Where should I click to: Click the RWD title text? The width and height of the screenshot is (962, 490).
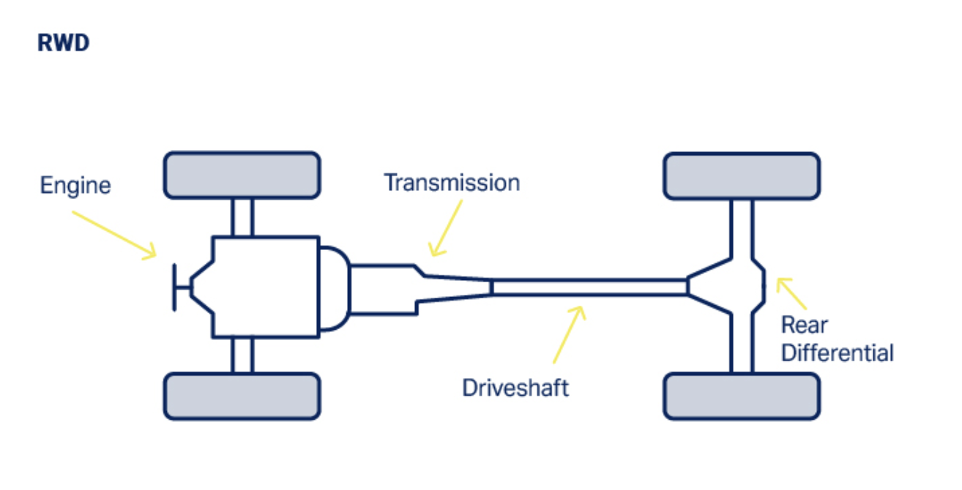pyautogui.click(x=63, y=43)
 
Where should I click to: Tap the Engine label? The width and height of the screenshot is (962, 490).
pyautogui.click(x=75, y=185)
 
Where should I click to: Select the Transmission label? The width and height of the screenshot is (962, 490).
pyautogui.click(x=452, y=182)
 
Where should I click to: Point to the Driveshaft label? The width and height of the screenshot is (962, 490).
pyautogui.click(x=515, y=387)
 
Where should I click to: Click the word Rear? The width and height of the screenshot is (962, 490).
pyautogui.click(x=804, y=324)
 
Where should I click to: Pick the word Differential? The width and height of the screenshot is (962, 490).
pyautogui.click(x=837, y=353)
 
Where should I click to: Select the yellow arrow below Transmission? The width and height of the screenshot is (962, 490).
pyautogui.click(x=447, y=227)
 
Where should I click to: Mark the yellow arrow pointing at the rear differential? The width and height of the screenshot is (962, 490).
pyautogui.click(x=791, y=293)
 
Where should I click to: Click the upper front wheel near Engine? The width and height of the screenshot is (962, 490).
pyautogui.click(x=242, y=176)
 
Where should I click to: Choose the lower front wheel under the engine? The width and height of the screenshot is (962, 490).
pyautogui.click(x=242, y=396)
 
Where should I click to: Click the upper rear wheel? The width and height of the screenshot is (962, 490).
pyautogui.click(x=741, y=176)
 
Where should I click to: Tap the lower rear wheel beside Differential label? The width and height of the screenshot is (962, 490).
pyautogui.click(x=741, y=396)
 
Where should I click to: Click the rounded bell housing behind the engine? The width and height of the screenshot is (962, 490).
pyautogui.click(x=333, y=287)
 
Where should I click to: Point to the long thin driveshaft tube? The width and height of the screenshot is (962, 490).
pyautogui.click(x=589, y=287)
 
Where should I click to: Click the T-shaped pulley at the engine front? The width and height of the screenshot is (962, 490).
pyautogui.click(x=178, y=287)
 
